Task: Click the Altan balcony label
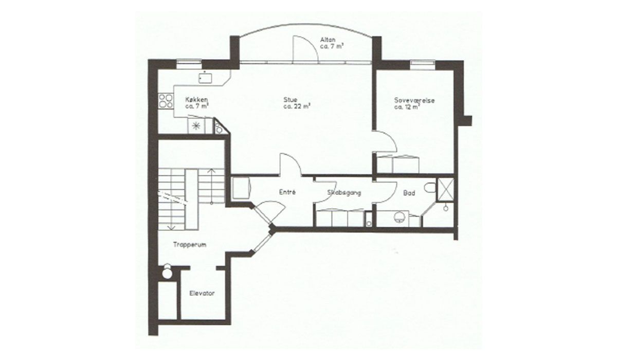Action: [328, 40]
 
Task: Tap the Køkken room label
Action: [196, 99]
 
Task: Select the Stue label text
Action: [291, 99]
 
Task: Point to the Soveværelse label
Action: [414, 100]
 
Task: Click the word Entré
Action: [287, 192]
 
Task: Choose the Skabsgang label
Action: [344, 193]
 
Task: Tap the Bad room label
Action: [409, 193]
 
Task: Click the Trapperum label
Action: [190, 245]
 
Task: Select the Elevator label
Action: [202, 293]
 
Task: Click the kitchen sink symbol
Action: [205, 77]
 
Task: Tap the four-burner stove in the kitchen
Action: [166, 101]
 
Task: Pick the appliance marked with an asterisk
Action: [196, 126]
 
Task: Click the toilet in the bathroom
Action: [430, 187]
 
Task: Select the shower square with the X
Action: [445, 188]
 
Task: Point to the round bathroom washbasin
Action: [399, 217]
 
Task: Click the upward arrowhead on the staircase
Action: [211, 171]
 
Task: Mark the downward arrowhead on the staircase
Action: [171, 227]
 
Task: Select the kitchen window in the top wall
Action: [189, 64]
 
